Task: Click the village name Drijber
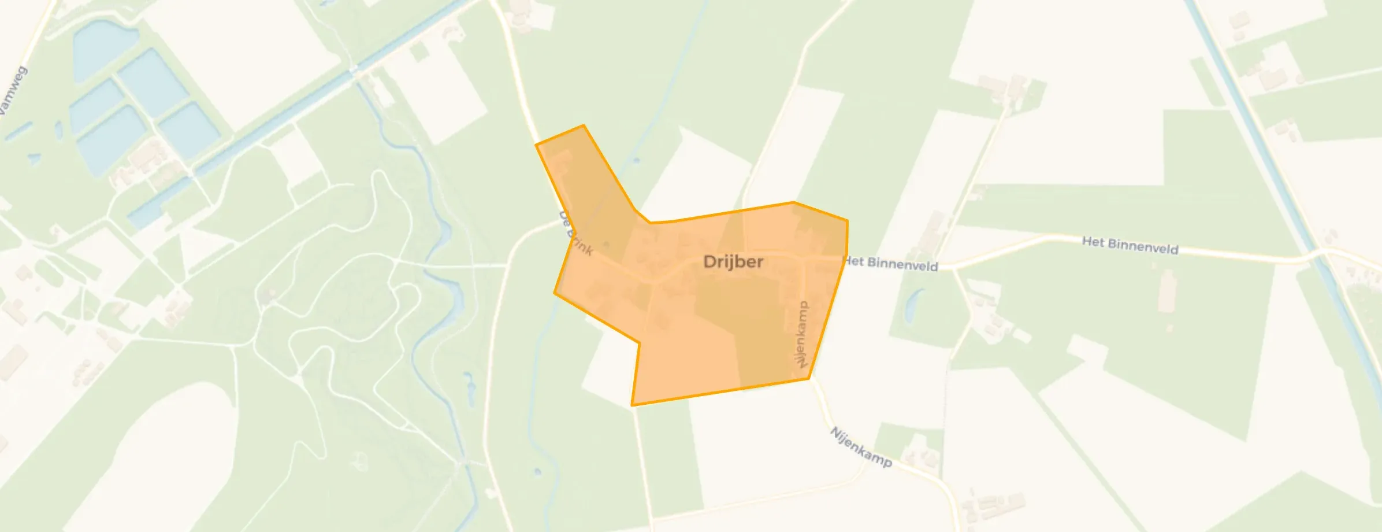pyautogui.click(x=733, y=262)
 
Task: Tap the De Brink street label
pyautogui.click(x=576, y=233)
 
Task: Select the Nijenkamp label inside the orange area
pyautogui.click(x=802, y=334)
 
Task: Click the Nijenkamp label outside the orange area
pyautogui.click(x=861, y=447)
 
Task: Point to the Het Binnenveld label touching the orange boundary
pyautogui.click(x=891, y=264)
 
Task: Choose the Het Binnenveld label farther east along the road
pyautogui.click(x=1130, y=245)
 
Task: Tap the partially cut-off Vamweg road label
pyautogui.click(x=13, y=93)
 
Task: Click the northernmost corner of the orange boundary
pyautogui.click(x=584, y=125)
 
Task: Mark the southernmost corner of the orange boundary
pyautogui.click(x=633, y=405)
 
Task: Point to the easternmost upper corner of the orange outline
pyautogui.click(x=847, y=220)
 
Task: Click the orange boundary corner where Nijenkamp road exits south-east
pyautogui.click(x=808, y=378)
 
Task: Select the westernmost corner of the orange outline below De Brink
pyautogui.click(x=555, y=293)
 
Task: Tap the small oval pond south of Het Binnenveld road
pyautogui.click(x=911, y=306)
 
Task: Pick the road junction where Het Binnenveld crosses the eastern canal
pyautogui.click(x=1319, y=254)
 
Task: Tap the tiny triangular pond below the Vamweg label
pyautogui.click(x=34, y=157)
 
